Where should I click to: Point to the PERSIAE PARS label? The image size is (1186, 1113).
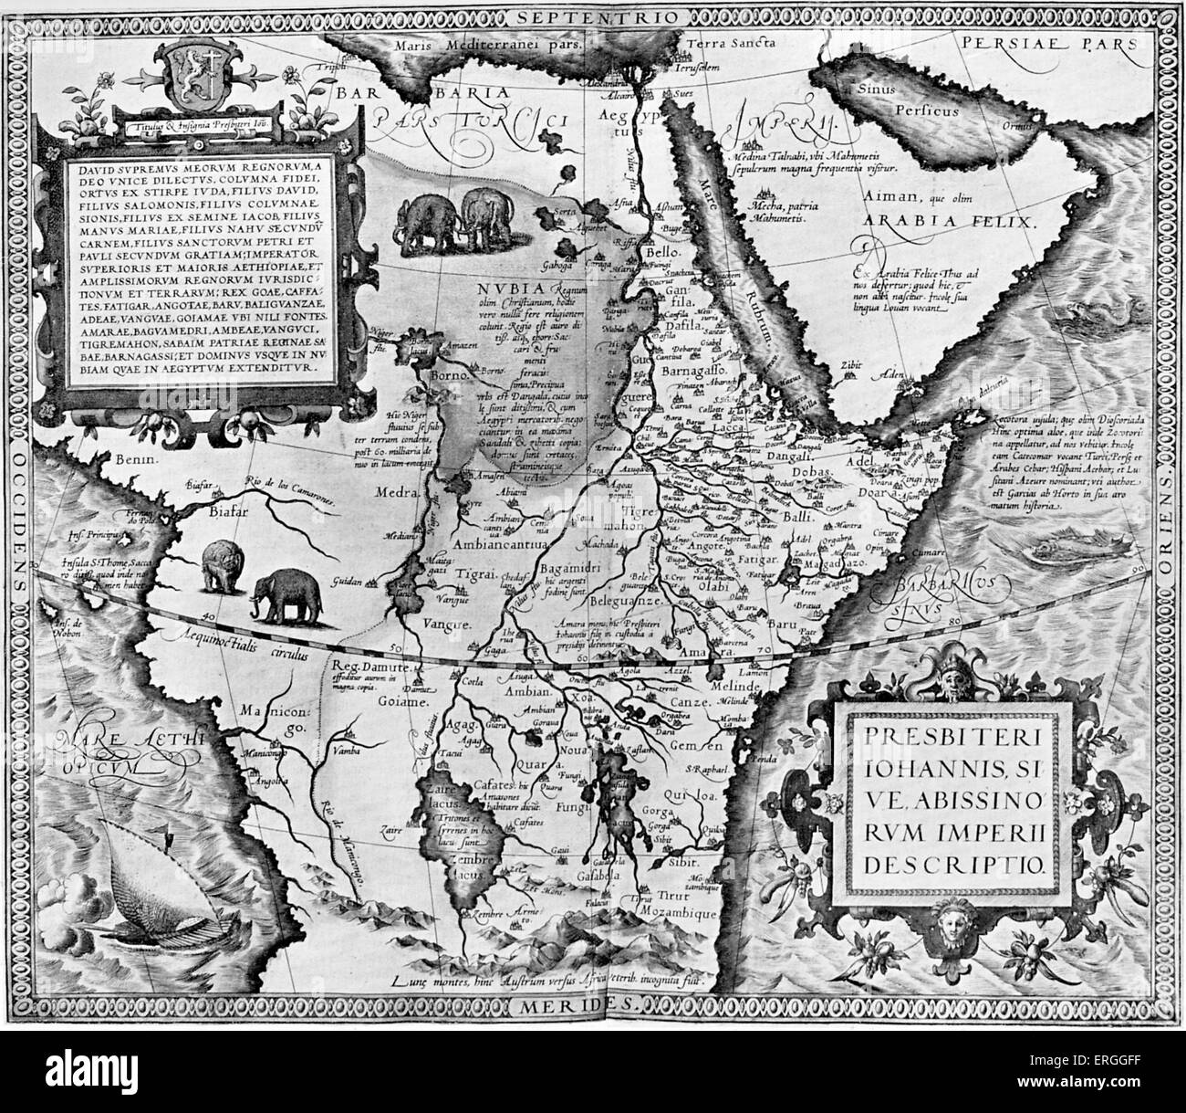click(1048, 42)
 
